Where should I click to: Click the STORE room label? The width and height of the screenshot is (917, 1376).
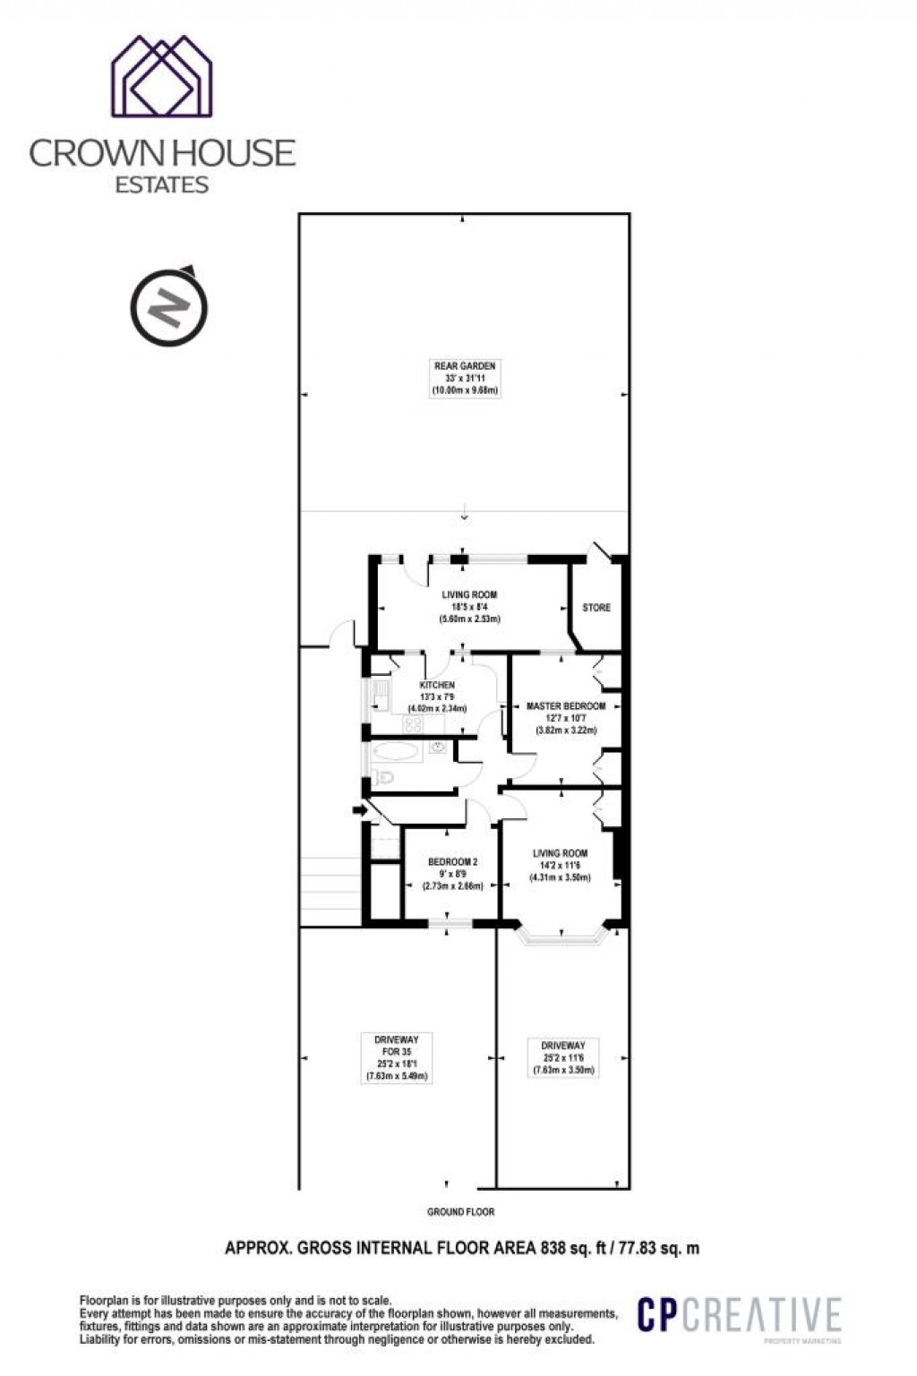[596, 607]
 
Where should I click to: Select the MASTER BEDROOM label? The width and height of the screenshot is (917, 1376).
[566, 705]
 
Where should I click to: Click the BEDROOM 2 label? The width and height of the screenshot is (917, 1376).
[452, 862]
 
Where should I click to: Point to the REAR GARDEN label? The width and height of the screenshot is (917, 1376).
[465, 366]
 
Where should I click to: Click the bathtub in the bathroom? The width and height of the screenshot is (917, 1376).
[395, 750]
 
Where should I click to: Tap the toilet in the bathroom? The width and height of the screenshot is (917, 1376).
[382, 776]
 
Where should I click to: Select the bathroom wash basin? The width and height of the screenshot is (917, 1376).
[439, 748]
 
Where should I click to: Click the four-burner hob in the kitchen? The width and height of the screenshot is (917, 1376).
[412, 724]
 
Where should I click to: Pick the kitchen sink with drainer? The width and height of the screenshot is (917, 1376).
[381, 695]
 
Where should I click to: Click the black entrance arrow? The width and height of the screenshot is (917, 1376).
[359, 810]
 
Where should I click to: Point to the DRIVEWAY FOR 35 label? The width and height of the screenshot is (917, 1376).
[396, 1045]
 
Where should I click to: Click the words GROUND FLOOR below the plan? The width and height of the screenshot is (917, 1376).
[460, 1212]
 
